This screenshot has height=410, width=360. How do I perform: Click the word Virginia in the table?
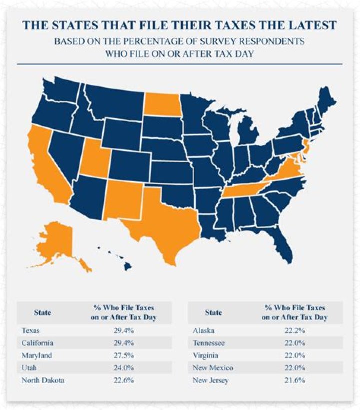[x=206, y=355]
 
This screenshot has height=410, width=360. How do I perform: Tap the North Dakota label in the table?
[x=43, y=380]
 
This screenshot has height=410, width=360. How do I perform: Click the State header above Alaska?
[x=213, y=313]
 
